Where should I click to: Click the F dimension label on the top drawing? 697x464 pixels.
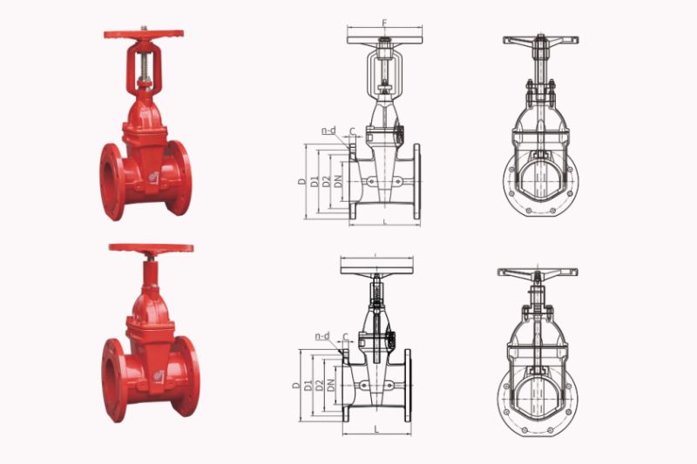[384, 22]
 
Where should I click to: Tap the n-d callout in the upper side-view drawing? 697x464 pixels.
[328, 131]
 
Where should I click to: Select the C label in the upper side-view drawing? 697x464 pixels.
[351, 132]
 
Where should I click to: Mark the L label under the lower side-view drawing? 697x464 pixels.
[376, 429]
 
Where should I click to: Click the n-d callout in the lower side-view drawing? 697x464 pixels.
[322, 336]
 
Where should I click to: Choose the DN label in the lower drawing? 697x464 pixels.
[331, 385]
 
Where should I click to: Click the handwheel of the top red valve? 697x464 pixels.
[144, 35]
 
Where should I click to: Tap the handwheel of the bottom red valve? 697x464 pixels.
[151, 249]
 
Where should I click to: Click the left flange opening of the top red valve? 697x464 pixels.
[111, 180]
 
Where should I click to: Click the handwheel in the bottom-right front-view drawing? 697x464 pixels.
[538, 272]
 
